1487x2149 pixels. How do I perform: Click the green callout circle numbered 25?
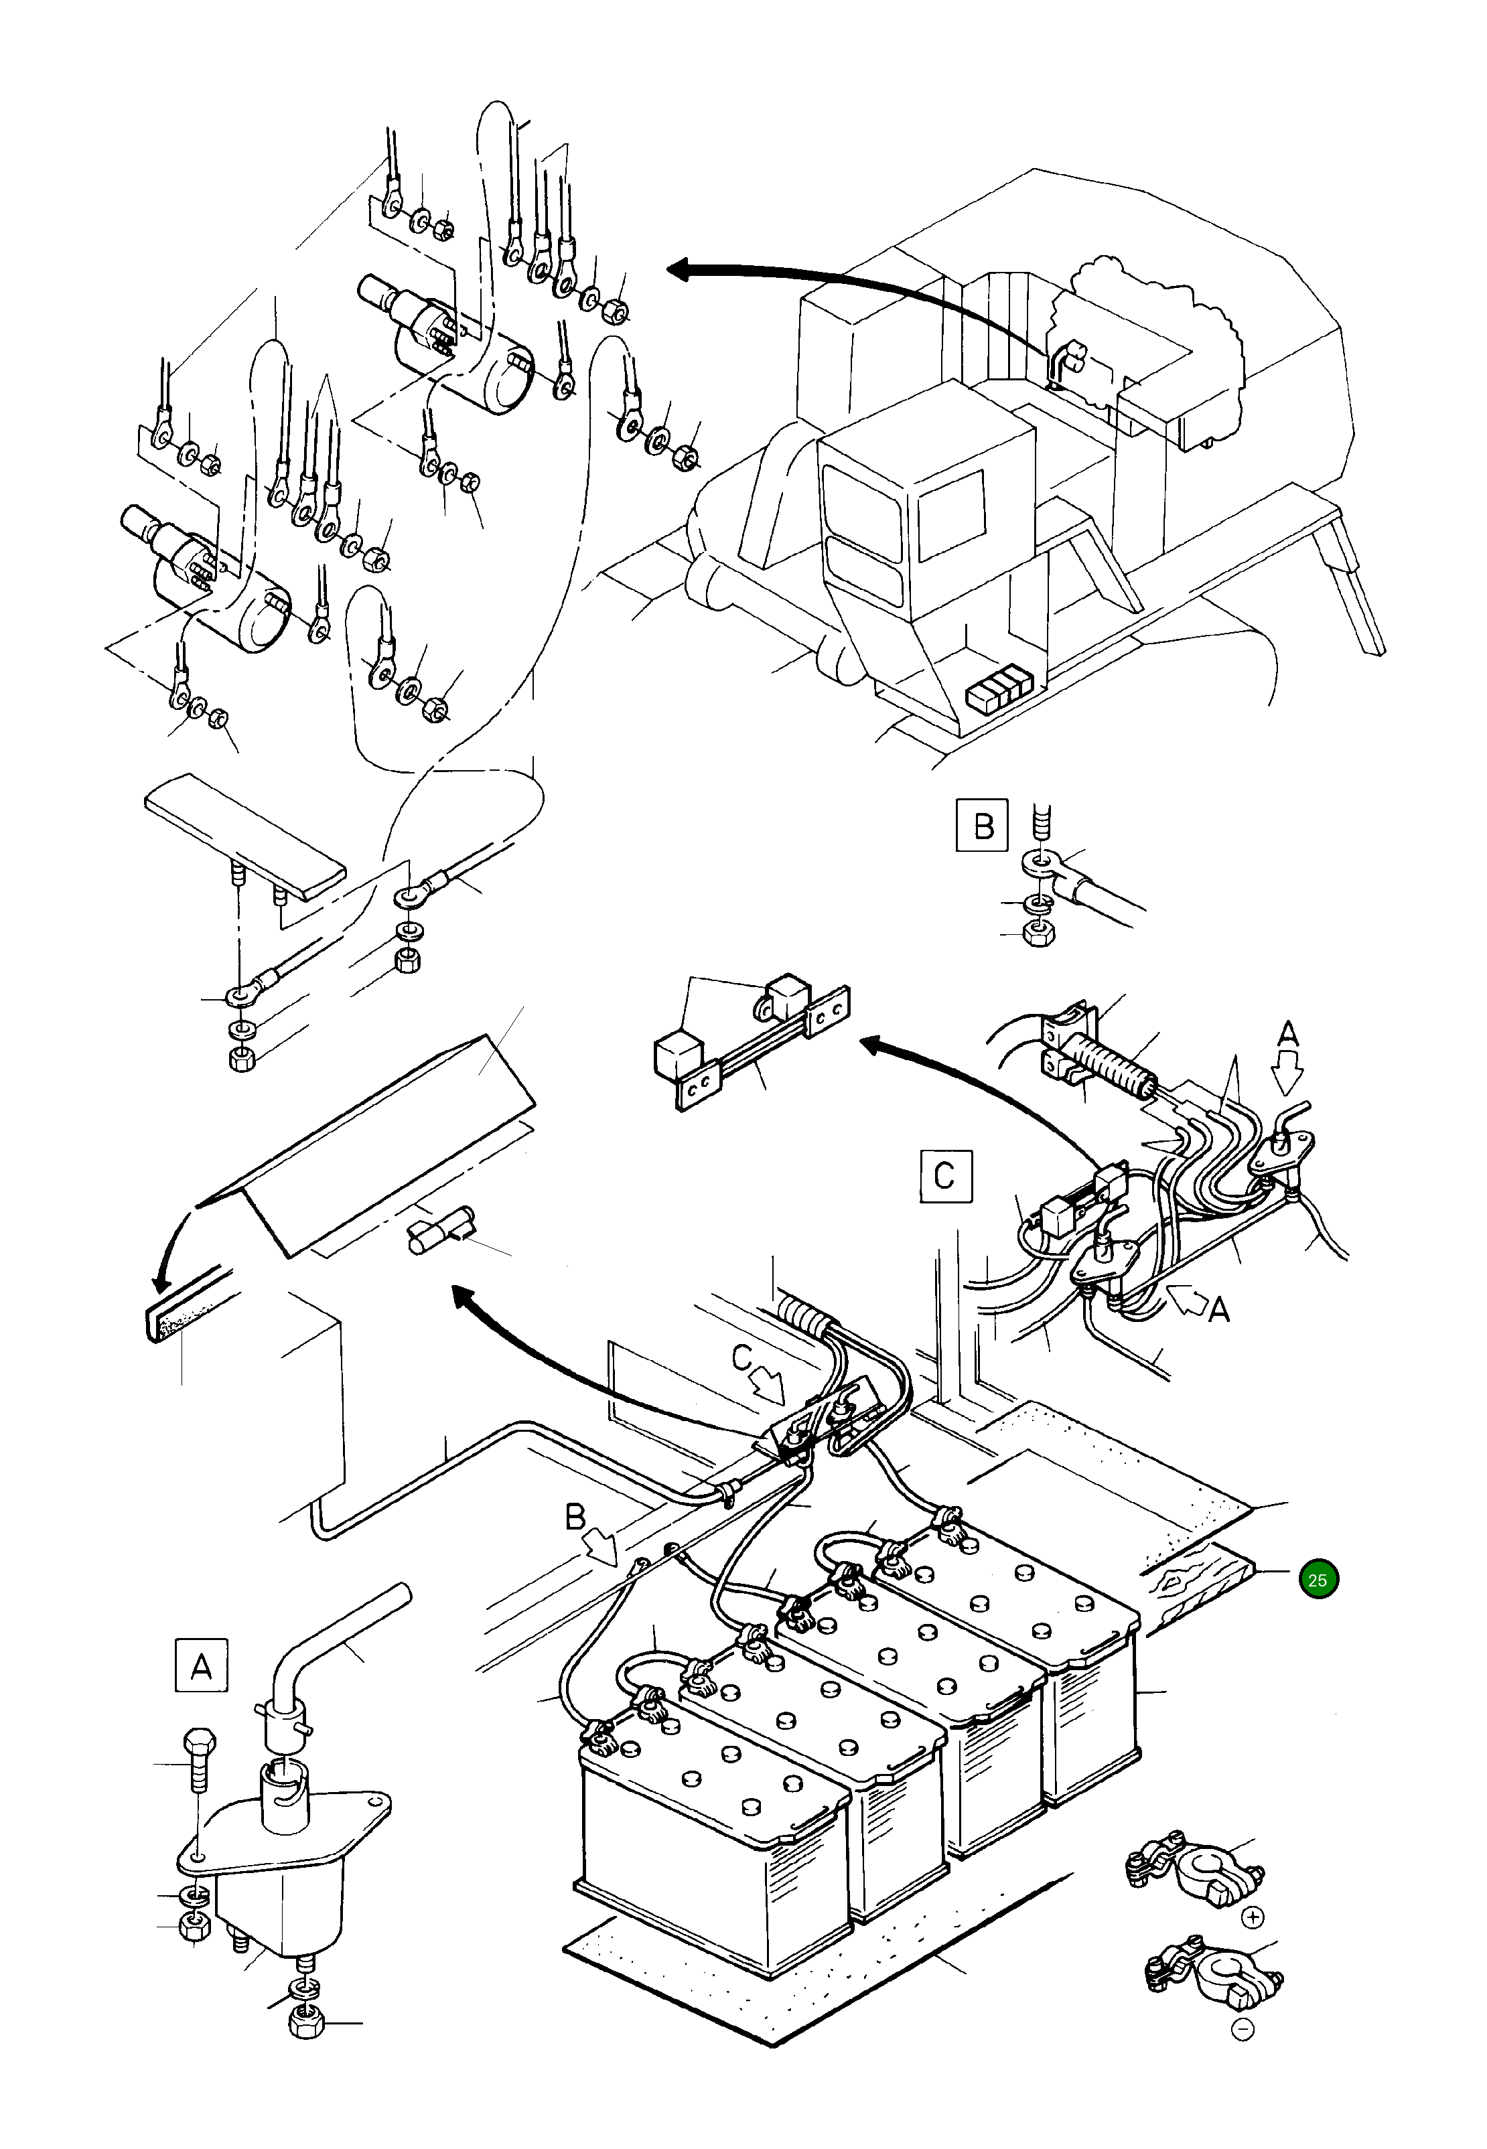tap(1318, 1580)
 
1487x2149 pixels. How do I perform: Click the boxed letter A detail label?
tap(200, 1665)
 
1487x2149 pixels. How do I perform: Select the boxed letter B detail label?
tap(982, 825)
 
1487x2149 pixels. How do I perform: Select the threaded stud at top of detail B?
tap(1042, 825)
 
